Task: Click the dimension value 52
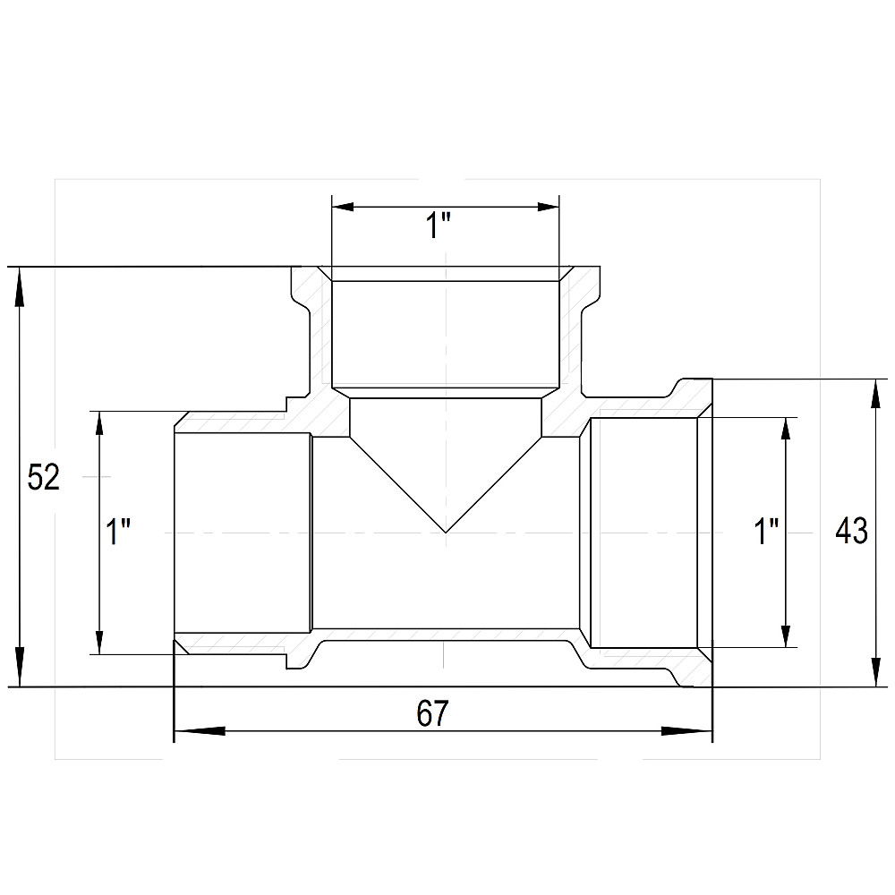pos(43,477)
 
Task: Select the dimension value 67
pos(432,713)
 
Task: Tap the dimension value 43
pos(851,531)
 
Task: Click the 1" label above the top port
pos(439,226)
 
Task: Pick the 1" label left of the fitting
pos(118,532)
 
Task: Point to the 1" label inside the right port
pos(767,532)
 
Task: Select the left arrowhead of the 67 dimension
pos(200,730)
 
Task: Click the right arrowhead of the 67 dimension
pos(686,730)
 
